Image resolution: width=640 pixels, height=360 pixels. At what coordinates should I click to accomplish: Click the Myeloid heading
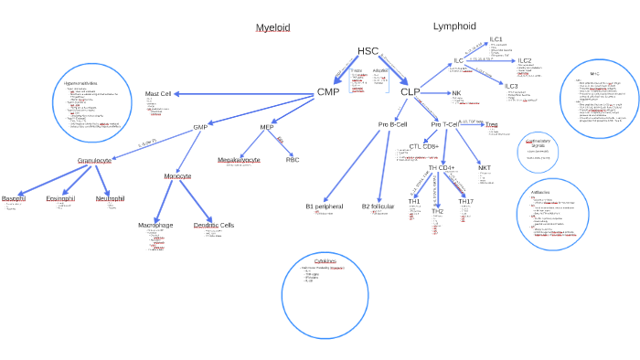tap(272, 27)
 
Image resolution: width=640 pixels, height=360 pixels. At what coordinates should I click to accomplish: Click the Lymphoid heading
tap(454, 26)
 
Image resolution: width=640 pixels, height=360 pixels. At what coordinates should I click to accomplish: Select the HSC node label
tap(368, 51)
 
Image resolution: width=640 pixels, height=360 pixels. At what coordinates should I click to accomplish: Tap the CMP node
tap(328, 92)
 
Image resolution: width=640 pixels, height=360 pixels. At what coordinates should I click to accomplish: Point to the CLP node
tap(410, 92)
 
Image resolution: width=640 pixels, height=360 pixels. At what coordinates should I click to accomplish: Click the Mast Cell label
tap(158, 93)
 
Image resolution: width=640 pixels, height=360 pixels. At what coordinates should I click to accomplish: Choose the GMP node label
tap(200, 127)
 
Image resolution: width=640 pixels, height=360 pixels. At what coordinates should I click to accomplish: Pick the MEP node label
tap(267, 127)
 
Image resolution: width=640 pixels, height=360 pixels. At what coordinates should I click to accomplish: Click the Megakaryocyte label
tap(239, 160)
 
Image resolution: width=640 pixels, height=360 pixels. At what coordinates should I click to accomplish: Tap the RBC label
tap(293, 160)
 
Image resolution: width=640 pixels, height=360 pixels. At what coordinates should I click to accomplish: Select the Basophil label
tap(14, 198)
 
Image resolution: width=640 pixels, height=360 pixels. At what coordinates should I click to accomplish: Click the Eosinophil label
tap(60, 198)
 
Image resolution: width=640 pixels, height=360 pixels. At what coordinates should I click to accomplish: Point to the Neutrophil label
tap(111, 198)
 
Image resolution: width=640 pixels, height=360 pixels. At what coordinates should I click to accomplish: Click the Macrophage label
tap(155, 225)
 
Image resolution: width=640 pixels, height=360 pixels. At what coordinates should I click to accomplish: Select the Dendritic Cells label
tap(214, 225)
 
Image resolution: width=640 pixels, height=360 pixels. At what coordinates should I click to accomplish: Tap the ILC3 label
tap(511, 86)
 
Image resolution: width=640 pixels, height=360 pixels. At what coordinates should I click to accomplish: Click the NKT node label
tap(485, 168)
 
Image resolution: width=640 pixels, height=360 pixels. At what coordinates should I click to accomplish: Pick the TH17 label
tap(466, 201)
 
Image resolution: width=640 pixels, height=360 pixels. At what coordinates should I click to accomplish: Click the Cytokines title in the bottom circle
tap(325, 260)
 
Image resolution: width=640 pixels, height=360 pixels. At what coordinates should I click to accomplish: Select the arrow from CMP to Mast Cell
tap(243, 93)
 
